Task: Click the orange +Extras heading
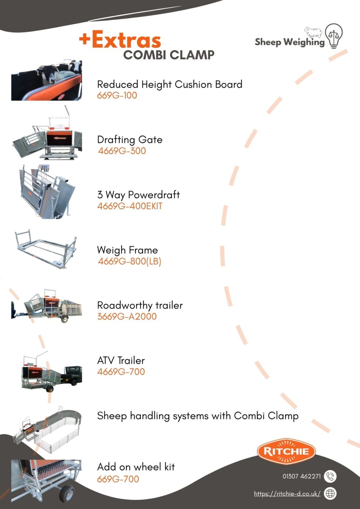click(120, 39)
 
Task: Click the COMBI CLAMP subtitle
click(169, 55)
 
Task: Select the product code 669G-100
click(117, 95)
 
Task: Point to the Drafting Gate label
click(130, 140)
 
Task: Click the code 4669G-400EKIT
click(130, 206)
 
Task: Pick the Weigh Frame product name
click(127, 250)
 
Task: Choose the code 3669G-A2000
click(127, 317)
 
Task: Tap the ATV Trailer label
click(121, 361)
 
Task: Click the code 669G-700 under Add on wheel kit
click(118, 479)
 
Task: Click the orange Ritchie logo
click(287, 451)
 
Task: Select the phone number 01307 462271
click(302, 476)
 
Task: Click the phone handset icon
click(330, 476)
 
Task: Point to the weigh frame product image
click(46, 249)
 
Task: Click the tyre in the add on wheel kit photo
click(67, 493)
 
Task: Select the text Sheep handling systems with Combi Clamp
click(198, 416)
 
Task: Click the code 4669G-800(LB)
click(130, 261)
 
